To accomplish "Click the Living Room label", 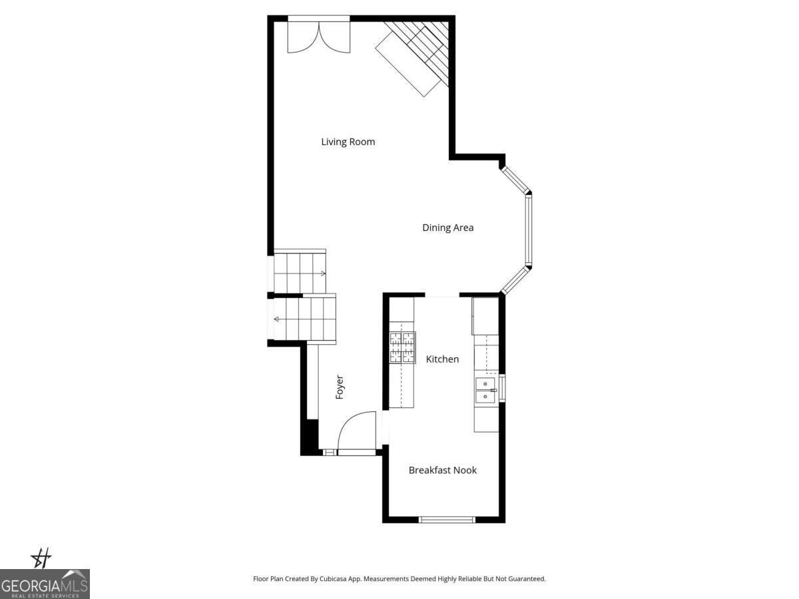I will point(348,142).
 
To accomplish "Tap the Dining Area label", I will point(447,228).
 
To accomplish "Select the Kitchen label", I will point(442,359).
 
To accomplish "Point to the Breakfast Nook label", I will point(442,471).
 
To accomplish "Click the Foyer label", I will point(340,387).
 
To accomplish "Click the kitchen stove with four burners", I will point(402,347).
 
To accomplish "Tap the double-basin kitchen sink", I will point(485,390).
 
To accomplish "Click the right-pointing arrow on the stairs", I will point(322,273).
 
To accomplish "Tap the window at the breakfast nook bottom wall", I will point(447,519).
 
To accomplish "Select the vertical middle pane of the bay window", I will point(529,230).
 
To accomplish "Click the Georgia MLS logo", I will point(45,584).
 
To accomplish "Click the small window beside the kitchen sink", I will point(502,388).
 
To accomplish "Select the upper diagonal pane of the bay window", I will point(515,178).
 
